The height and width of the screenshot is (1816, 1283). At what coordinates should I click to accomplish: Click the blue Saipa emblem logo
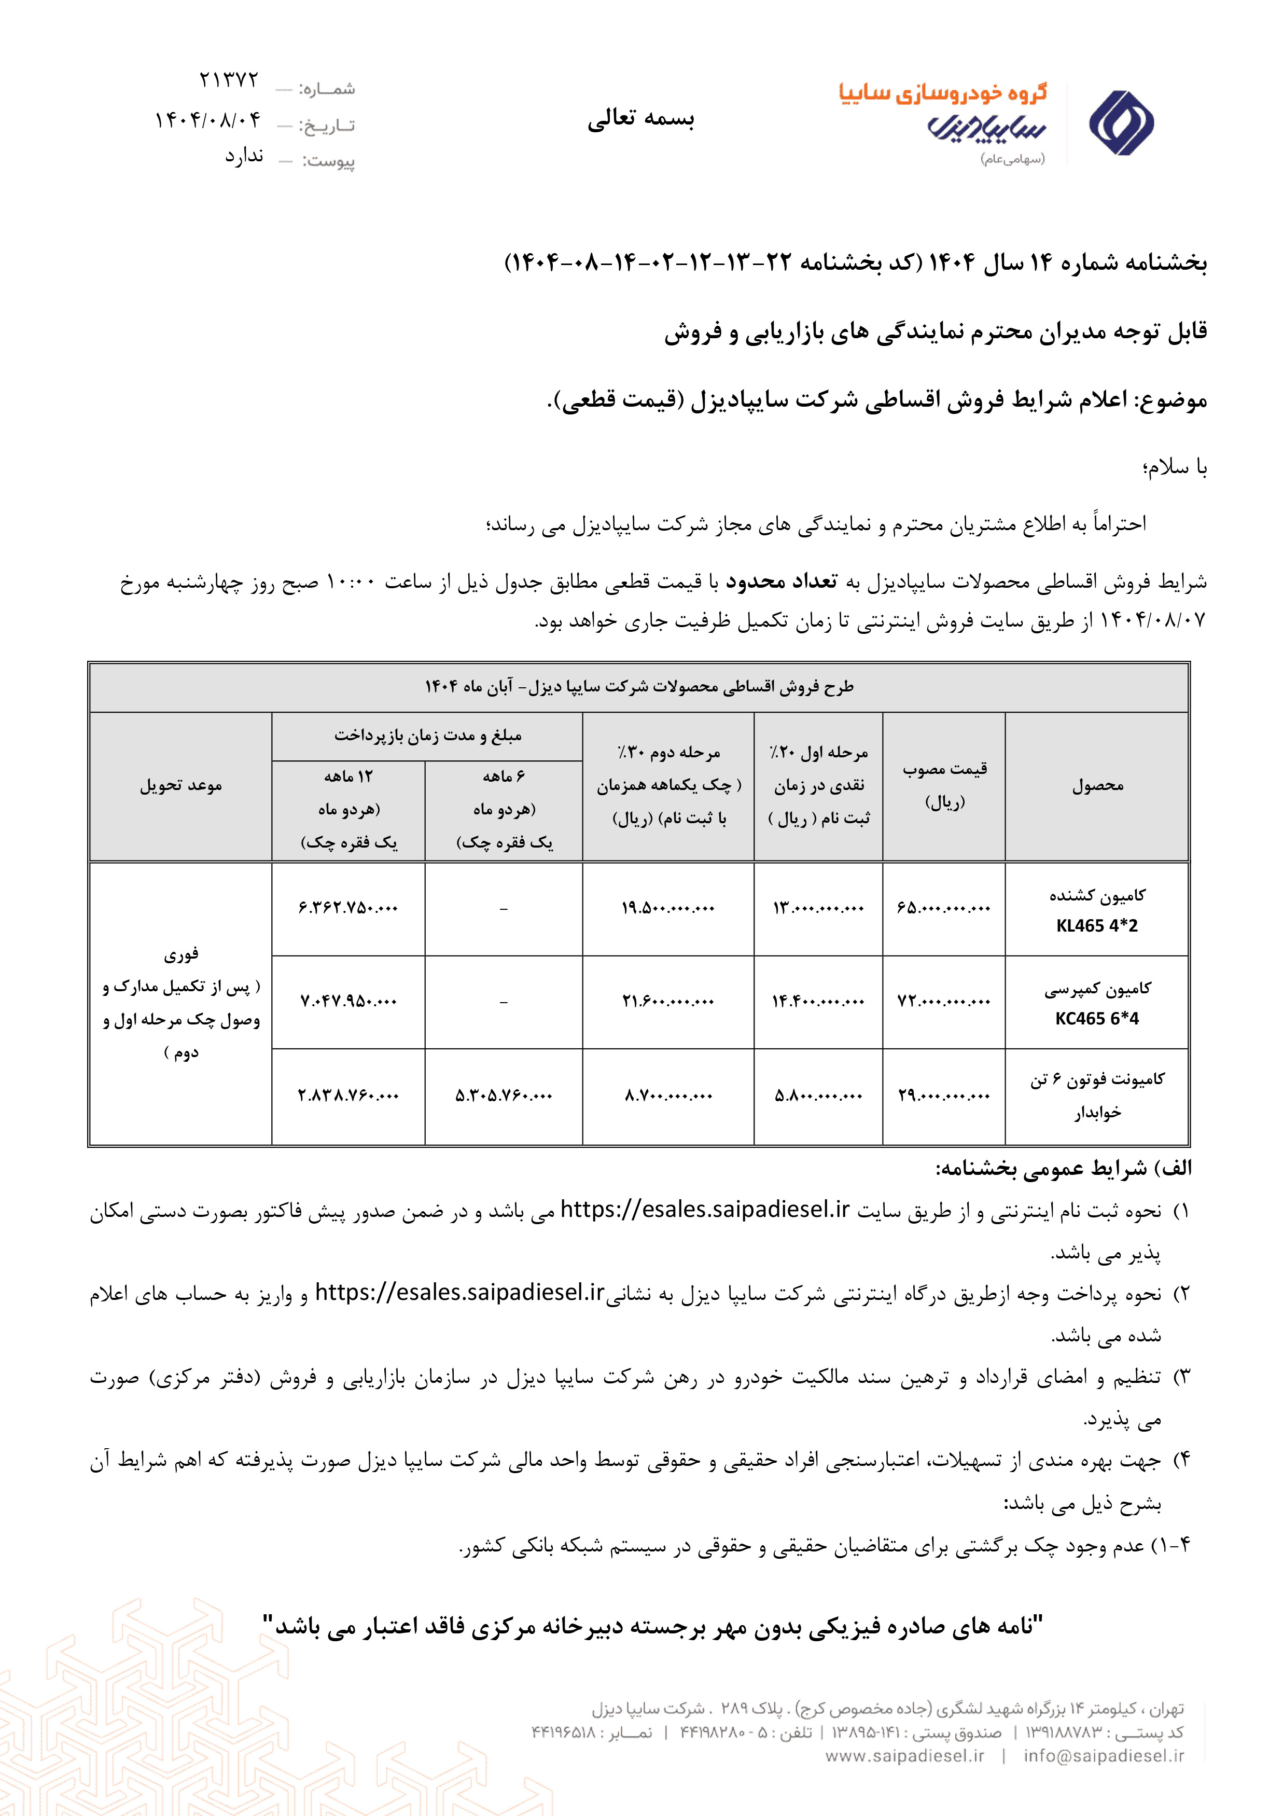pyautogui.click(x=1121, y=122)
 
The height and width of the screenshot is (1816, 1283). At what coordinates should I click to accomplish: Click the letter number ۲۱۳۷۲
pyautogui.click(x=229, y=81)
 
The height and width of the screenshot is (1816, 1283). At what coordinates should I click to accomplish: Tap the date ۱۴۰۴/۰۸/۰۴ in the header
pyautogui.click(x=207, y=120)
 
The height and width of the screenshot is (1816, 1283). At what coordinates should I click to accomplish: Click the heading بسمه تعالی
pyautogui.click(x=640, y=119)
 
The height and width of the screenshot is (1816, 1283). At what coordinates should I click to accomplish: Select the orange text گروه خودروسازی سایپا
pyautogui.click(x=943, y=93)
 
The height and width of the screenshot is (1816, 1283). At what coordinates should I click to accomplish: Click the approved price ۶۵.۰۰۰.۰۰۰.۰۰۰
pyautogui.click(x=944, y=908)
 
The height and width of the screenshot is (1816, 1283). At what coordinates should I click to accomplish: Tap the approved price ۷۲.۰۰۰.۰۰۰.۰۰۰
pyautogui.click(x=944, y=1001)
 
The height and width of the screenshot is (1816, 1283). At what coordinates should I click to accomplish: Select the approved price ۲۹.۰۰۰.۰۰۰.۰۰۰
pyautogui.click(x=944, y=1096)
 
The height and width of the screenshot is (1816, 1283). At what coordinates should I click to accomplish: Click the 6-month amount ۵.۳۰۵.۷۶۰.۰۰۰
pyautogui.click(x=504, y=1096)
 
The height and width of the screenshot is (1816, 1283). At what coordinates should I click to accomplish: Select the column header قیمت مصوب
pyautogui.click(x=944, y=769)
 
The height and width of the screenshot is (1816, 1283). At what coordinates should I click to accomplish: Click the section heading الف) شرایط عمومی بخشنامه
pyautogui.click(x=1063, y=1169)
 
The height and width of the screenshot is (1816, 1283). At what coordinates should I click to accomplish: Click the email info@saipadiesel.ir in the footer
pyautogui.click(x=1104, y=1755)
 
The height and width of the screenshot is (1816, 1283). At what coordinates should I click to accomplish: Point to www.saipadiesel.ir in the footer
pyautogui.click(x=905, y=1755)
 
